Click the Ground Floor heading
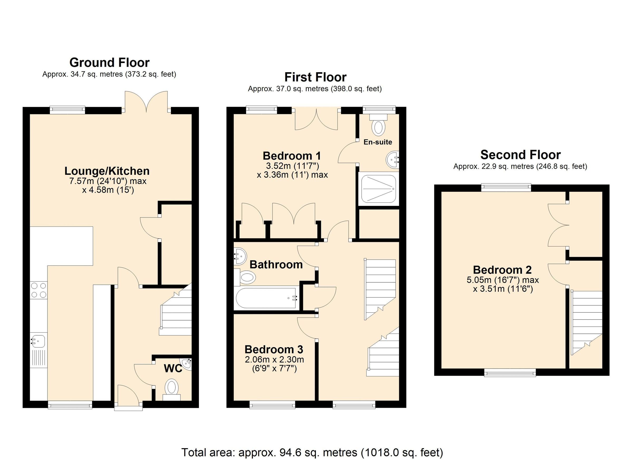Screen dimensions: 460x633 tap(109, 62)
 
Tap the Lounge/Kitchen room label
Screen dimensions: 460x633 tap(107, 171)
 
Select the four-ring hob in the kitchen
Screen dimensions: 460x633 tap(39, 290)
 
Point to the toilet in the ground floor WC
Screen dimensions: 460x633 tap(171, 388)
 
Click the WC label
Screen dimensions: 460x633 tap(173, 369)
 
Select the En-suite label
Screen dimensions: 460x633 tap(378, 142)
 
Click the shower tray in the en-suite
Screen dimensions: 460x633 tap(378, 189)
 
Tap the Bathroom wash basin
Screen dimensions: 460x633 tap(240, 255)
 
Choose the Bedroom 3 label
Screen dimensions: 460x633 tap(274, 349)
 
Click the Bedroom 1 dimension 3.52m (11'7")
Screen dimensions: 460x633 tap(292, 166)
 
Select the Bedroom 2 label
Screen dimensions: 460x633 tap(502, 270)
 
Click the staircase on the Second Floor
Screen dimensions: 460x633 tap(586, 321)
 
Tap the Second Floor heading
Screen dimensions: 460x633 tap(520, 154)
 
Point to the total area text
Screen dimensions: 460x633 tap(312, 452)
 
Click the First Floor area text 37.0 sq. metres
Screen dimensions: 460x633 tap(315, 89)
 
